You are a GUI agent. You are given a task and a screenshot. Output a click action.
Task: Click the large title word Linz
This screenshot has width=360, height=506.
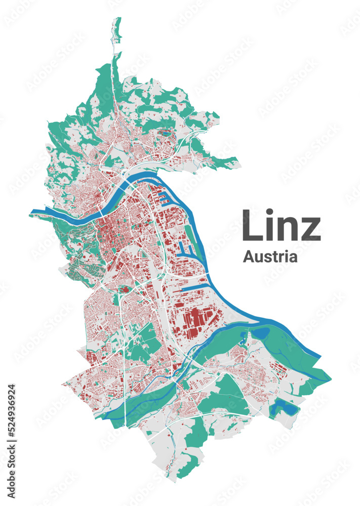click(x=282, y=226)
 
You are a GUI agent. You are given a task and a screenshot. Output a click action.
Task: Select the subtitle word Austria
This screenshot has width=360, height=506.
click(x=270, y=257)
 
